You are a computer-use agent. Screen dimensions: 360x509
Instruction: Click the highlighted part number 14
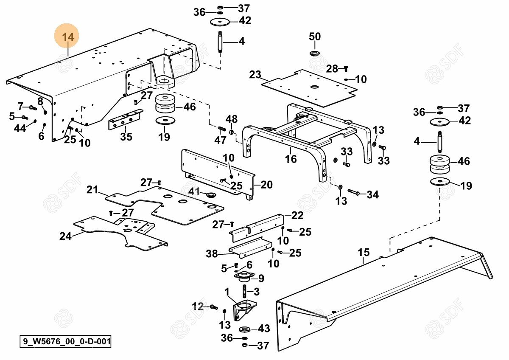point(68,37)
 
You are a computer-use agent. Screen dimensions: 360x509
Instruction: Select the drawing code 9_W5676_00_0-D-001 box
point(65,341)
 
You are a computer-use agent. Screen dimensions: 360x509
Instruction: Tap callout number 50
point(315,37)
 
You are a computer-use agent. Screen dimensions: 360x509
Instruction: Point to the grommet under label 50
point(315,53)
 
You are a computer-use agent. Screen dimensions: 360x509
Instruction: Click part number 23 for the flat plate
point(255,75)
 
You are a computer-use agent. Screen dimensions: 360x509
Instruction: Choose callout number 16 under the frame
point(291,159)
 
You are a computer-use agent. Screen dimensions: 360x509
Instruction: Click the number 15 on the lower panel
point(364,253)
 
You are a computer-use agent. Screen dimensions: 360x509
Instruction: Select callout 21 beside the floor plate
point(92,189)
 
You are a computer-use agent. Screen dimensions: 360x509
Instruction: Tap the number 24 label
point(65,236)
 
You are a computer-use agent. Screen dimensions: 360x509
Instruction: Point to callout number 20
point(266,185)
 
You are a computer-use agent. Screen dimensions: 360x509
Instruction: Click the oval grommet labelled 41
point(210,195)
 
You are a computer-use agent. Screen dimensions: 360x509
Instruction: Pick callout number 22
point(297,215)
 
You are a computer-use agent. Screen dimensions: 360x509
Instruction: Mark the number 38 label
point(212,254)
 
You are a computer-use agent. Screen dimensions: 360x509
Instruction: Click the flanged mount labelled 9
point(244,277)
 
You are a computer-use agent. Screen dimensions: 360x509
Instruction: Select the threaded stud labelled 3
point(245,292)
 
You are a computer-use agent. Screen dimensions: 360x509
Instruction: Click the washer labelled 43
point(244,329)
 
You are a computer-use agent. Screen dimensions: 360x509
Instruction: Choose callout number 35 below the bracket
point(126,137)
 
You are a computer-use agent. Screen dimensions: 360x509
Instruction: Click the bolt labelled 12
point(213,307)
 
